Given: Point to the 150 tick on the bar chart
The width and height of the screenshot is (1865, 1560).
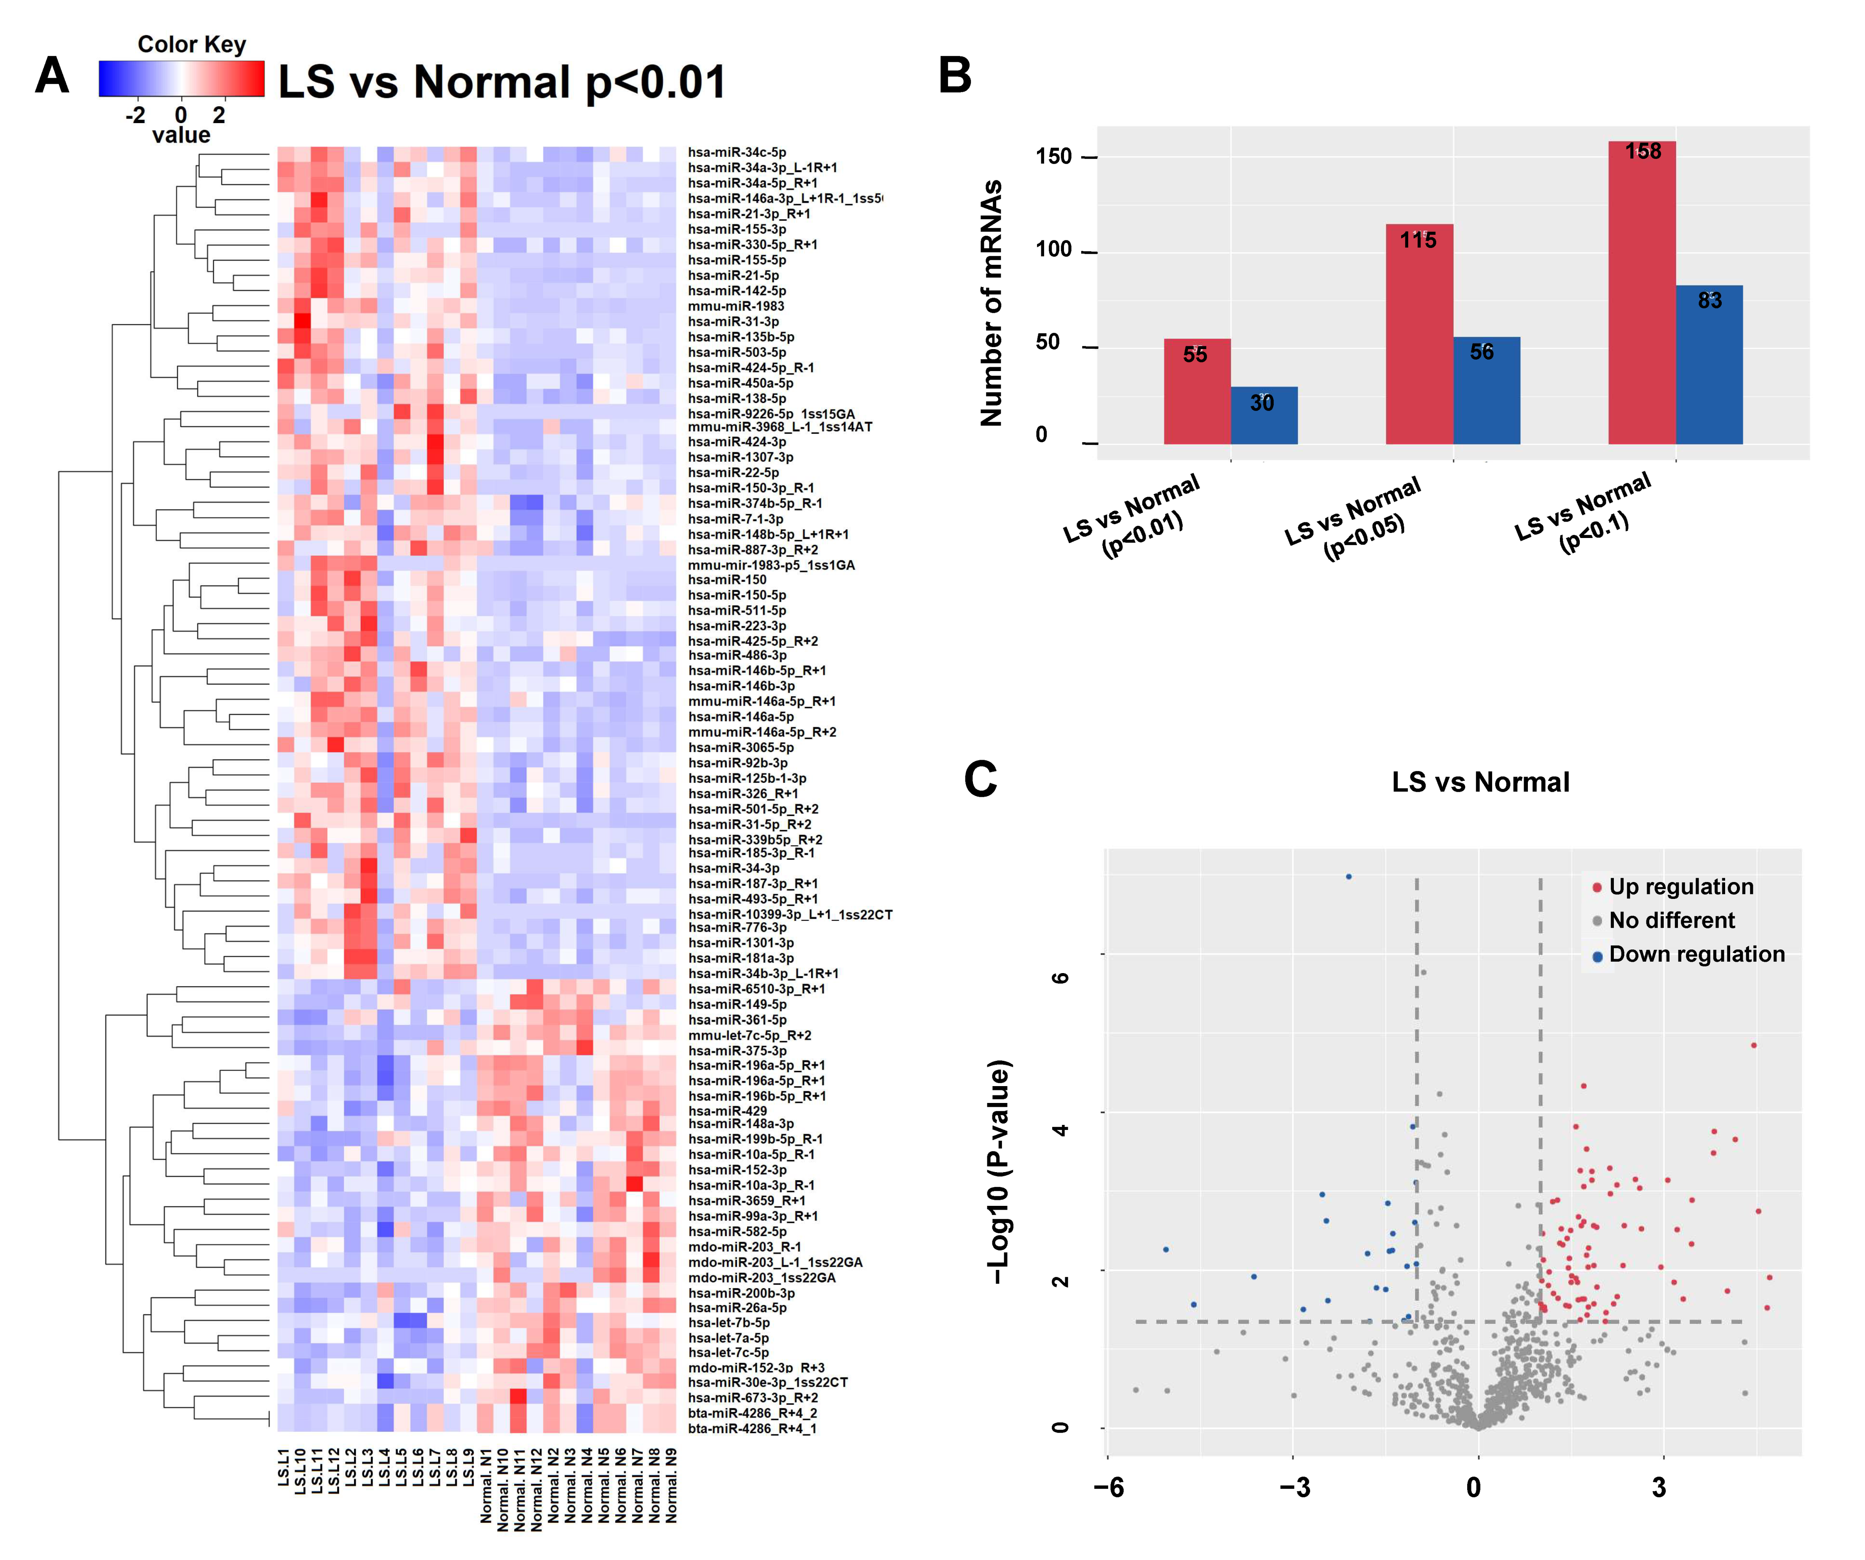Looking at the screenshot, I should [1054, 156].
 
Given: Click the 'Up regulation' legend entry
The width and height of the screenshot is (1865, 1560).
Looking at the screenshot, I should [1680, 887].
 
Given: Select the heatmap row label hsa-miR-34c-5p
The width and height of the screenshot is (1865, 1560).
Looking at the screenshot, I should [736, 152].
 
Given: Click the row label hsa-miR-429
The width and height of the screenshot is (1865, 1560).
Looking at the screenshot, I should [726, 1111].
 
